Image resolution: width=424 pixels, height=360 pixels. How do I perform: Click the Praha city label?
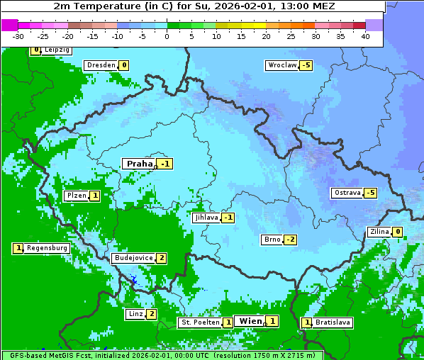[139, 164]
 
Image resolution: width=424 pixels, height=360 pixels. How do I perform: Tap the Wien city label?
[250, 321]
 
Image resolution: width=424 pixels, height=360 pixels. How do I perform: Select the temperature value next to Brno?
[291, 240]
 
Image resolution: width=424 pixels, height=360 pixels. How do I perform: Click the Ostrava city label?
[347, 193]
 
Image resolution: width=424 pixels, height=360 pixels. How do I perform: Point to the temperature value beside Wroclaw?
[306, 65]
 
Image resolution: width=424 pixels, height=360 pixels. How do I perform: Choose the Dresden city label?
[101, 65]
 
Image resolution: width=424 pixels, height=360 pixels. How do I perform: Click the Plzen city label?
[76, 196]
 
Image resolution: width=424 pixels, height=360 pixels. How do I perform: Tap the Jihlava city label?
[206, 218]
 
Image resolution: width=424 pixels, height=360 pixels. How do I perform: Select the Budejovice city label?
[133, 258]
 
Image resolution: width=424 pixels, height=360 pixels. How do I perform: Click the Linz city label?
[135, 314]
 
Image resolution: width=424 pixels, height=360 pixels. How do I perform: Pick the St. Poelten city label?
[200, 322]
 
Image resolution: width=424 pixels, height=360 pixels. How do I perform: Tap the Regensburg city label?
[48, 248]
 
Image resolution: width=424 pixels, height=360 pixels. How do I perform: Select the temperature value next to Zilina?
[398, 232]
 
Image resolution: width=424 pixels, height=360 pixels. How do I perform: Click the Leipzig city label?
[56, 50]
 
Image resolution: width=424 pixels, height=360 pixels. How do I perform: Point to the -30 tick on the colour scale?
[18, 36]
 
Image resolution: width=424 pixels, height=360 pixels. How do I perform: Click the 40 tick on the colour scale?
[365, 36]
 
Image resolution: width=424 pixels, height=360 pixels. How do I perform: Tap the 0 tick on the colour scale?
[167, 36]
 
